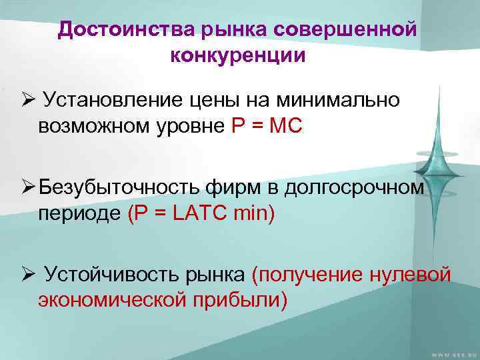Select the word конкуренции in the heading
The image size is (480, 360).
pos(238,55)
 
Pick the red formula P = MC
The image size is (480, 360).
pos(267,126)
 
